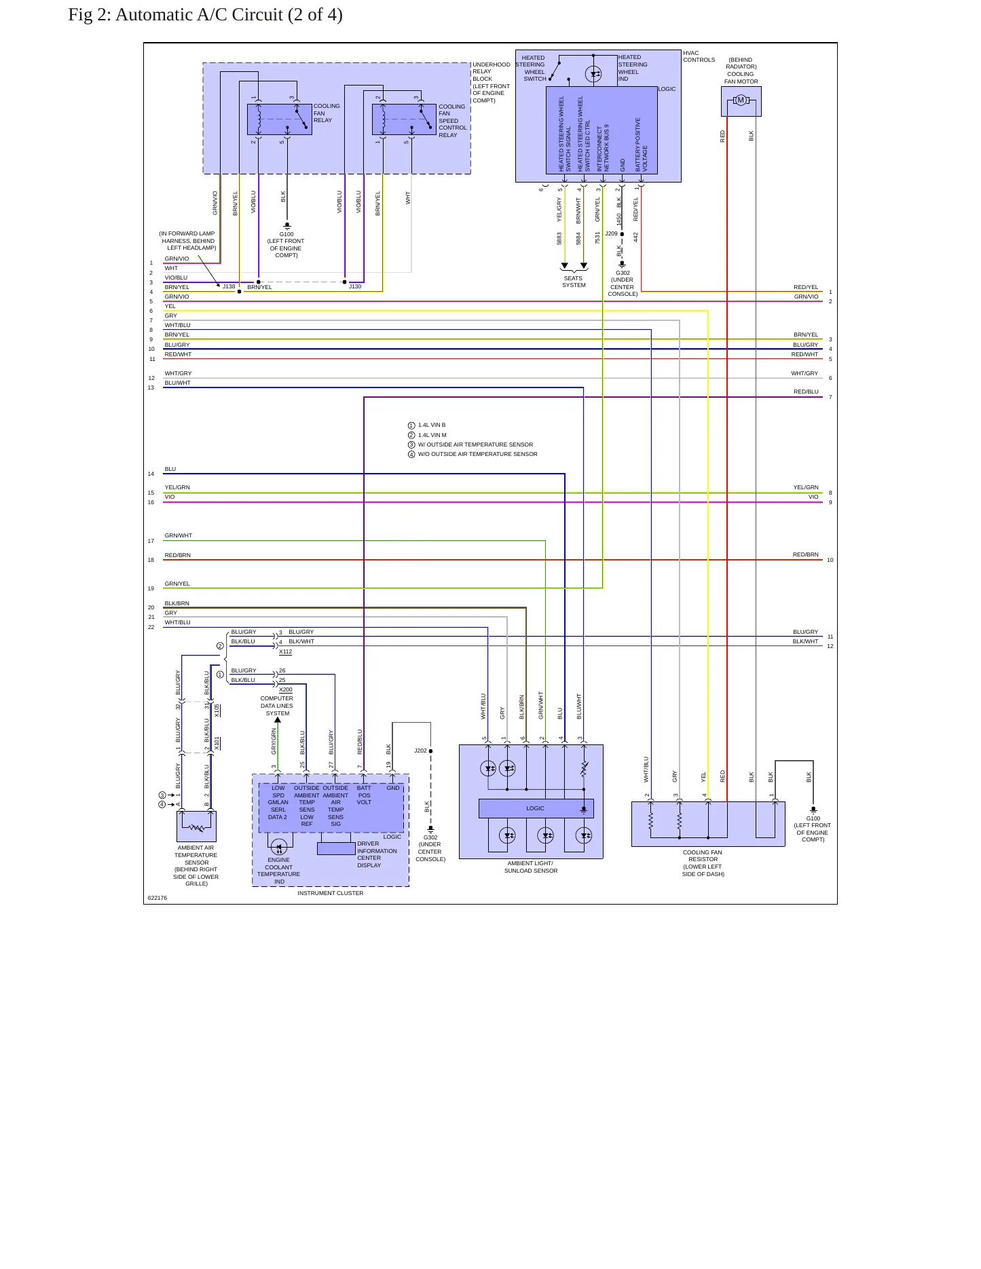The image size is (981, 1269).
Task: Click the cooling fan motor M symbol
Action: (x=741, y=100)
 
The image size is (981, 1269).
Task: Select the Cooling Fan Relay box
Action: (x=280, y=119)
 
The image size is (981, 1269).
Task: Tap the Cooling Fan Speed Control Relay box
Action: (x=404, y=119)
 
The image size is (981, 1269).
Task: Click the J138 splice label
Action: (x=229, y=286)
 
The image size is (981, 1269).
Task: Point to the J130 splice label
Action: (x=355, y=286)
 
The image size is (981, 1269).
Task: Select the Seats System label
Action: (x=574, y=282)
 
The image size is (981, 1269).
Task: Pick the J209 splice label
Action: (x=612, y=233)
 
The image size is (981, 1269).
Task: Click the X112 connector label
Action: (x=286, y=651)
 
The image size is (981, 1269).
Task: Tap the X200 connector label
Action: (x=286, y=689)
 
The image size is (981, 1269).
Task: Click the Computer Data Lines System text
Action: (x=277, y=706)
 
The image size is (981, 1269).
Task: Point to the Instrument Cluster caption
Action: (x=331, y=893)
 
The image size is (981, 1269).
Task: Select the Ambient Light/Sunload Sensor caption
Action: (x=531, y=867)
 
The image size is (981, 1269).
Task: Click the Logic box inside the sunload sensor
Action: (x=536, y=808)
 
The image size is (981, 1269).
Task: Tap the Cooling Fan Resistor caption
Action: (x=703, y=863)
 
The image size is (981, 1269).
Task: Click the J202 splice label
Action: (x=420, y=751)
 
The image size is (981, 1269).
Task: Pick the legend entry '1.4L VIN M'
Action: (x=432, y=435)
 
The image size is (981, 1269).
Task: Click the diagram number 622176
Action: (x=158, y=898)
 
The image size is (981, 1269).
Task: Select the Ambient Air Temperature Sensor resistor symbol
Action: (x=197, y=828)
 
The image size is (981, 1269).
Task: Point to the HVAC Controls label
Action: (x=699, y=56)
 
